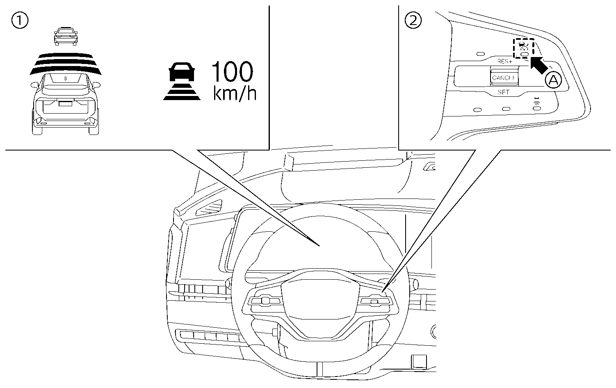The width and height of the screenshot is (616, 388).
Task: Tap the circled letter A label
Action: pyautogui.click(x=553, y=81)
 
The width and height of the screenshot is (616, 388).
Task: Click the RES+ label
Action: pyautogui.click(x=504, y=62)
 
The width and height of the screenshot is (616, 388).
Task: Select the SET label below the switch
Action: pyautogui.click(x=503, y=92)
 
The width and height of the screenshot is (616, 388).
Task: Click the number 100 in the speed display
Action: pyautogui.click(x=232, y=73)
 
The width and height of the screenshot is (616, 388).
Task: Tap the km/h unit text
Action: pyautogui.click(x=235, y=94)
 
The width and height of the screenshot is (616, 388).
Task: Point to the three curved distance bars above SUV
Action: pyautogui.click(x=66, y=64)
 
